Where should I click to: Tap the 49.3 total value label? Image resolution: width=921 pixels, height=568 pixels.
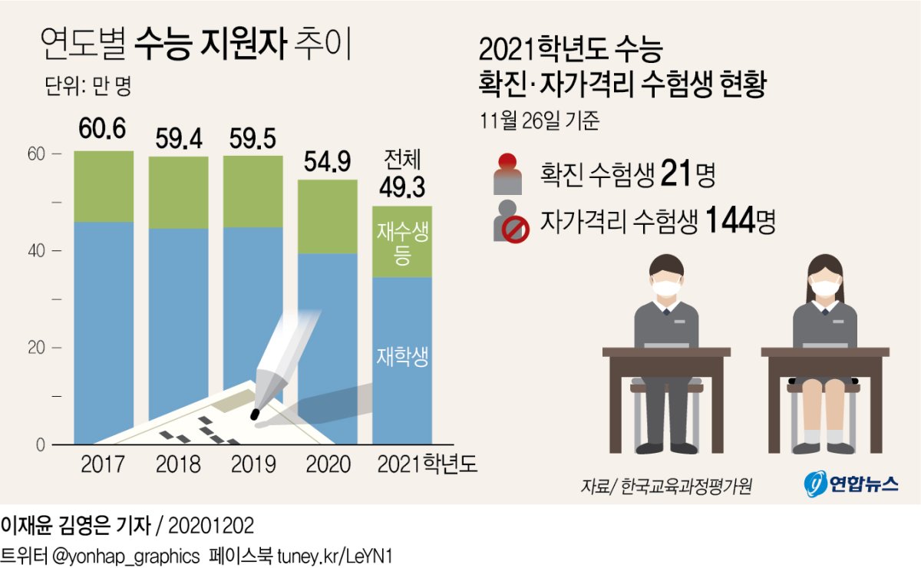(x=401, y=187)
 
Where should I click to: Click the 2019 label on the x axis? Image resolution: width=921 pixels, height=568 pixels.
(x=253, y=464)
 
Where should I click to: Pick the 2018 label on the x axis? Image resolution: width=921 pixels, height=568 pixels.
(x=178, y=464)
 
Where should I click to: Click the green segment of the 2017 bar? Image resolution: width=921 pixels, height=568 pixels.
(x=104, y=187)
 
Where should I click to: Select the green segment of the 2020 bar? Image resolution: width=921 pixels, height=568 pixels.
(x=328, y=216)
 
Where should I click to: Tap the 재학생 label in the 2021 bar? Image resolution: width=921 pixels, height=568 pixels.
(x=402, y=357)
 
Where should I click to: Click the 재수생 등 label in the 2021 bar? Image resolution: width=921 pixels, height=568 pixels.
(x=402, y=244)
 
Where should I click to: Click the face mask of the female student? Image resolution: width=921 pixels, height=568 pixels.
(x=826, y=289)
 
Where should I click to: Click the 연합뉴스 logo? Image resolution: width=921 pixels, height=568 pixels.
(x=850, y=484)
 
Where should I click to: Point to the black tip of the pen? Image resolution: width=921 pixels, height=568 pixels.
(x=256, y=414)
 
